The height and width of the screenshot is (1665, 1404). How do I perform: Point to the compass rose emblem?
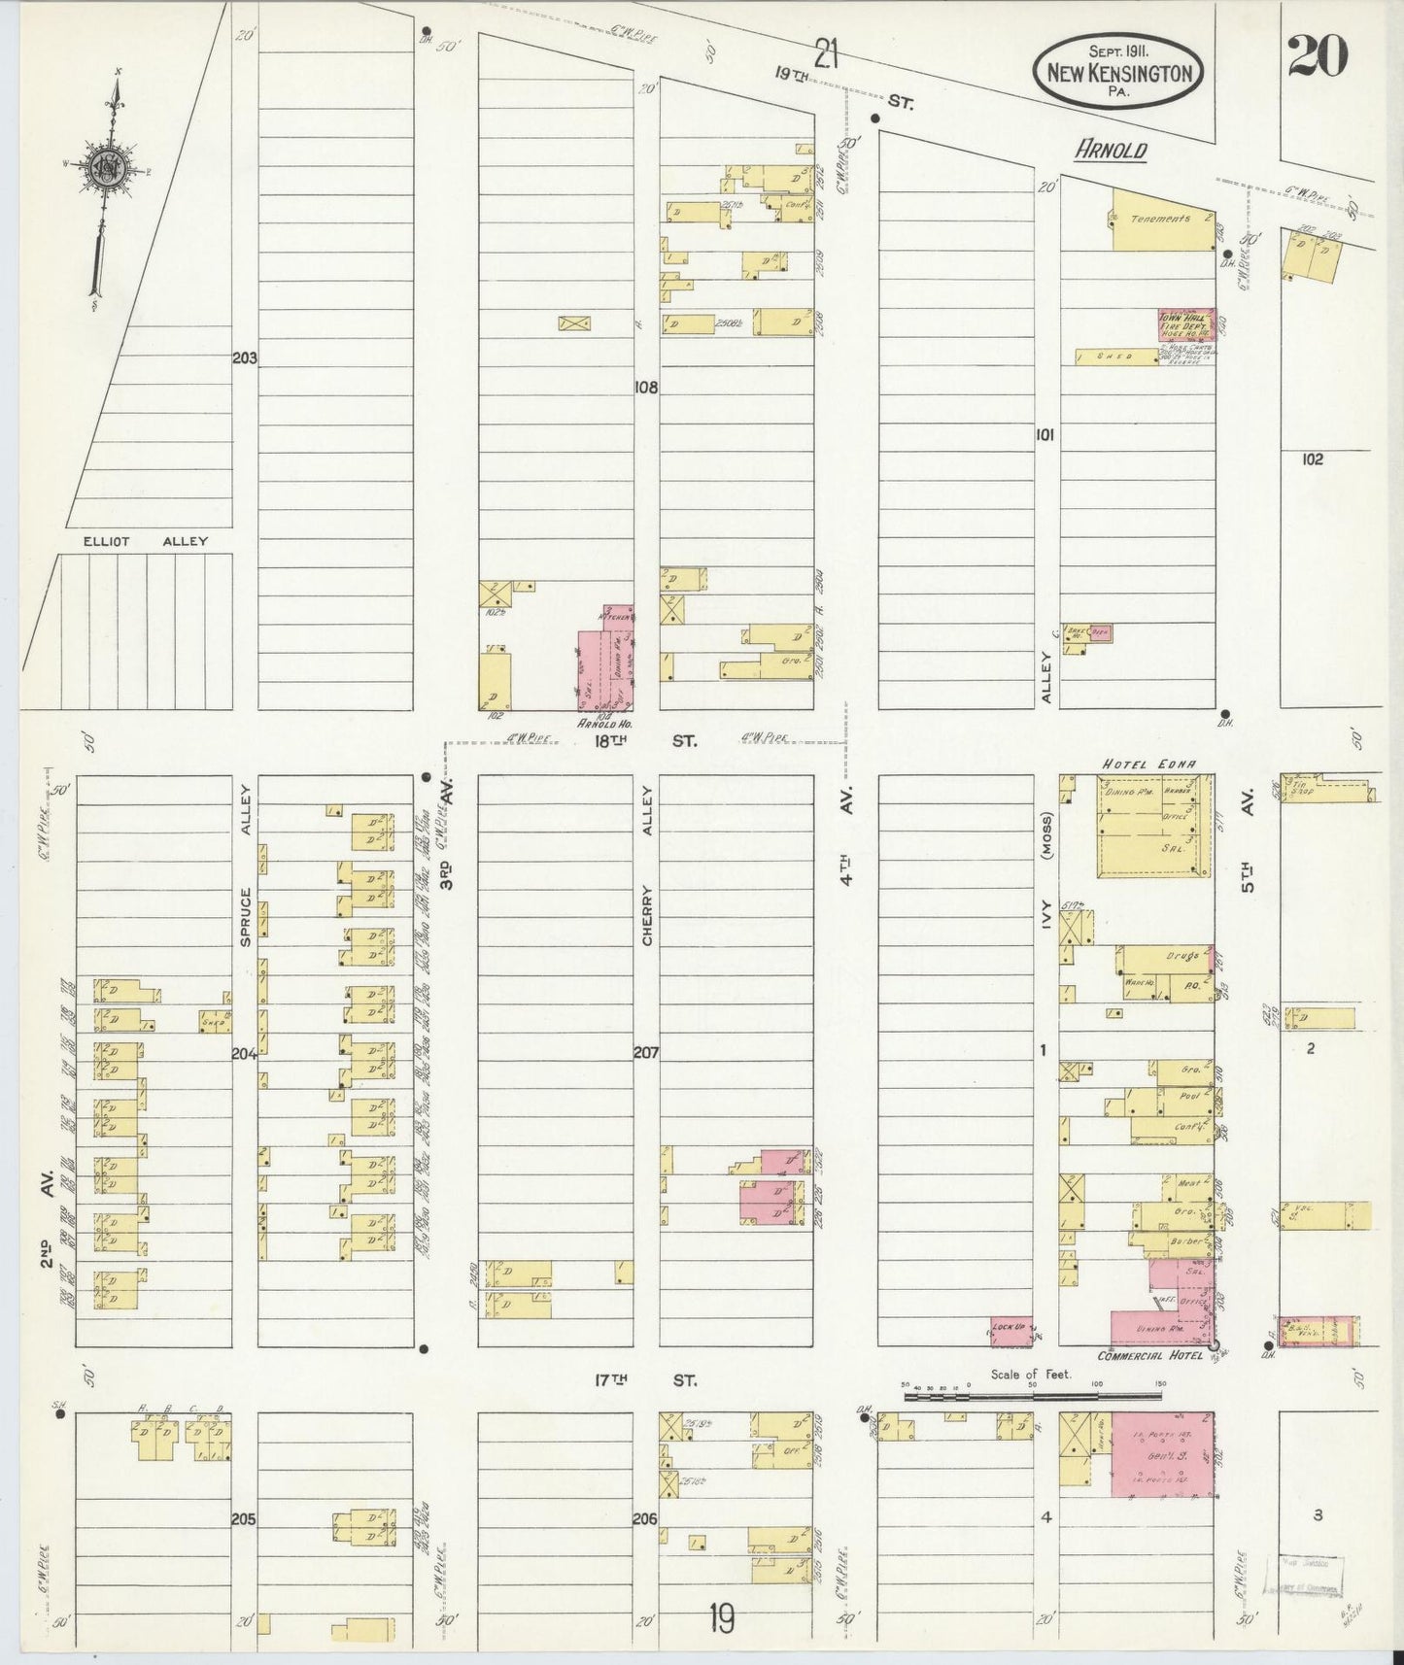[104, 168]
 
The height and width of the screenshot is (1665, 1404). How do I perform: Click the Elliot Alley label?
[146, 541]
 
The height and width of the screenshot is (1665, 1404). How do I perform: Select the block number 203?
[244, 358]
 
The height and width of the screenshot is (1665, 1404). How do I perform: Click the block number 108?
[645, 387]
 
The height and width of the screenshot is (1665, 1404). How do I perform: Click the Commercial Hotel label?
[1149, 1355]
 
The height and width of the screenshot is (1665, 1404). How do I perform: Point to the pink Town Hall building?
[1184, 324]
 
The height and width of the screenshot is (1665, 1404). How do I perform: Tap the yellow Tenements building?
[1162, 218]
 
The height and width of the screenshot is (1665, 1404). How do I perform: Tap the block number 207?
[646, 1051]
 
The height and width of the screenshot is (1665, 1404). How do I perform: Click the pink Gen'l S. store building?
[1161, 1454]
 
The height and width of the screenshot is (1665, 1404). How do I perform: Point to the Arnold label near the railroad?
[1111, 151]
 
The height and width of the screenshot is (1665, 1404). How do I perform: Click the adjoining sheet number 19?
[721, 1618]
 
